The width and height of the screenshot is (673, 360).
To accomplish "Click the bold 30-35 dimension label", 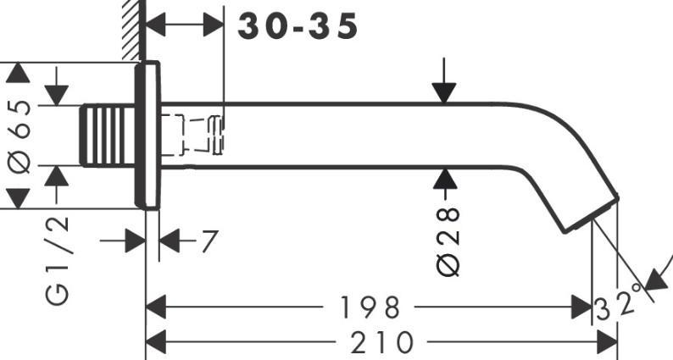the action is click(298, 26).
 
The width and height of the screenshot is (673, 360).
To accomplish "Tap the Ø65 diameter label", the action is click(19, 136).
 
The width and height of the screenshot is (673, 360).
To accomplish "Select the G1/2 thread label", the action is click(57, 260).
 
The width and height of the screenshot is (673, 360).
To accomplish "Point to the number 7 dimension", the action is click(209, 241).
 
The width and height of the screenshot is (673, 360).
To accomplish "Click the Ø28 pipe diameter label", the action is click(448, 241).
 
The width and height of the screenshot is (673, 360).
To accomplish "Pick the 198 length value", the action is click(369, 307).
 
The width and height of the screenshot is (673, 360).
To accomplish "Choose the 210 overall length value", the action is click(382, 342).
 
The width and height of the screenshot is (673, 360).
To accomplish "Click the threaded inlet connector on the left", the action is click(108, 135).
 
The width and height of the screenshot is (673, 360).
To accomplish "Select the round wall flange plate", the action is click(147, 136).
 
